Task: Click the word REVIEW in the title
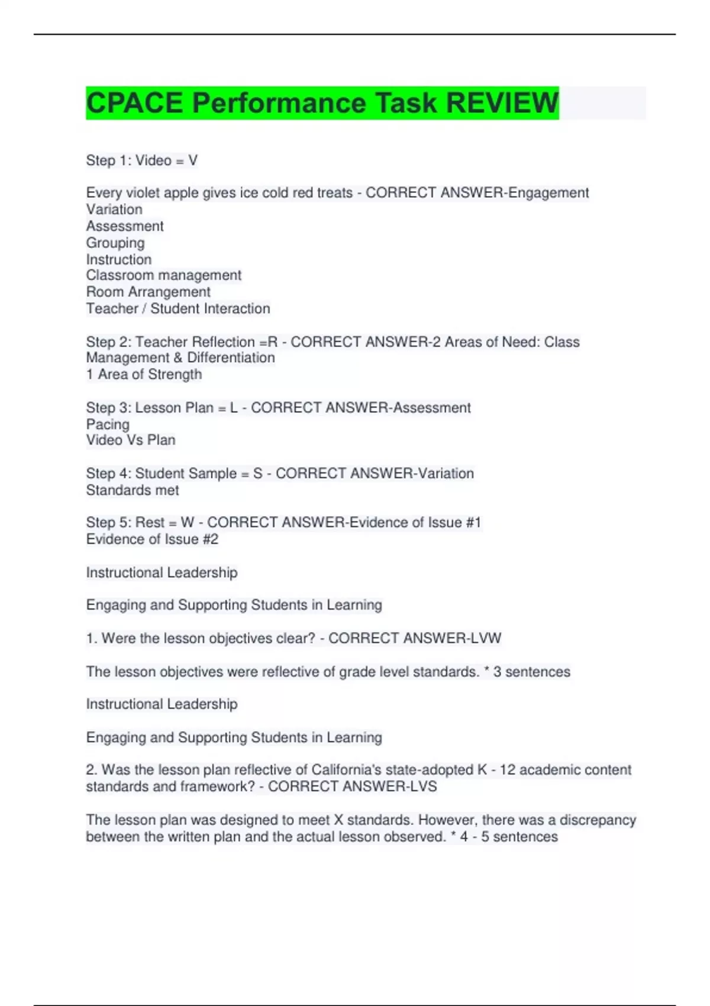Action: pos(502,103)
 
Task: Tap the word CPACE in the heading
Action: pos(135,103)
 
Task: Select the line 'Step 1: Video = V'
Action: pos(141,160)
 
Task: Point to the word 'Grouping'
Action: pos(115,243)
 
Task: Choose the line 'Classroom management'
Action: pos(163,275)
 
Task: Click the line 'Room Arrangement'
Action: pos(148,292)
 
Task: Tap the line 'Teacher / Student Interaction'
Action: pos(177,308)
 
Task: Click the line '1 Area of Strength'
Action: pos(144,374)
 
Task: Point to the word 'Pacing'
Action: pos(108,424)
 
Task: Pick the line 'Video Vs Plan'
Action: pos(130,440)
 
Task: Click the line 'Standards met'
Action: pos(132,490)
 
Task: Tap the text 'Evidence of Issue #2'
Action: pos(152,539)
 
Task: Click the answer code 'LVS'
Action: pos(421,786)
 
